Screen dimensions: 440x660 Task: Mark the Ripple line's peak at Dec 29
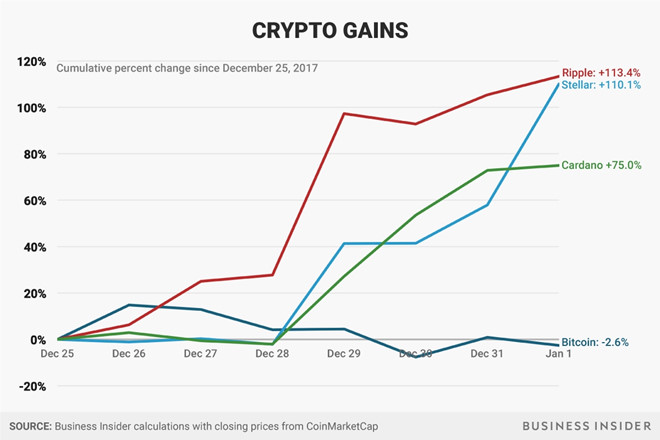pos(344,113)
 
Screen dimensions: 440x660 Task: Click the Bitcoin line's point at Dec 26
pos(129,305)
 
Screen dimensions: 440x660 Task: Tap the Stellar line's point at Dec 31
pos(487,205)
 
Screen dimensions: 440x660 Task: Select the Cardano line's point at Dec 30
pos(416,215)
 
